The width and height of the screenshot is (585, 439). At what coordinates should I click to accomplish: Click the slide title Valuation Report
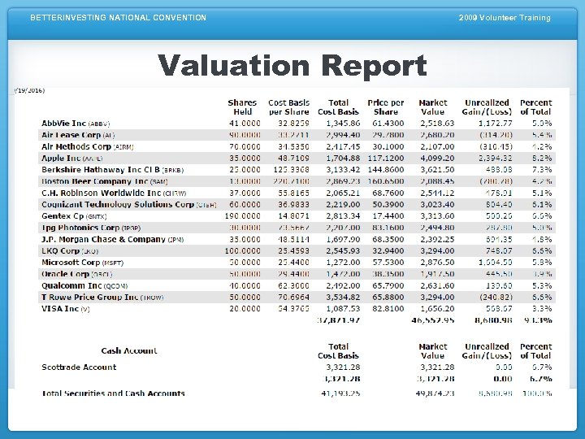click(292, 65)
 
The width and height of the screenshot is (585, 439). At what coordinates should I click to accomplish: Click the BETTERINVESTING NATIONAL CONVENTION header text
click(119, 18)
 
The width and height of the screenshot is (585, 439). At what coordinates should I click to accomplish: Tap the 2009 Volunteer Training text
click(504, 18)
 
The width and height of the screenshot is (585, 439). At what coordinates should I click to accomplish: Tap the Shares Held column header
click(242, 107)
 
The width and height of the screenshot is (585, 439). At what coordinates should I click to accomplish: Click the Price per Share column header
click(386, 107)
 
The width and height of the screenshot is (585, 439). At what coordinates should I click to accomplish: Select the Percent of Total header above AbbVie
click(535, 107)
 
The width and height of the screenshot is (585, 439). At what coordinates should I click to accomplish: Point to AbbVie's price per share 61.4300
click(386, 124)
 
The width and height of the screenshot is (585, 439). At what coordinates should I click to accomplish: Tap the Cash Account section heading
click(129, 351)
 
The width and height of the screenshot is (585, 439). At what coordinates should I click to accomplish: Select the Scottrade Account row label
click(79, 367)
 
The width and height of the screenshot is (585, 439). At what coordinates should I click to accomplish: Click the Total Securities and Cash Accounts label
click(113, 393)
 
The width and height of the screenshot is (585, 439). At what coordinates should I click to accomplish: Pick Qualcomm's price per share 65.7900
click(386, 286)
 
